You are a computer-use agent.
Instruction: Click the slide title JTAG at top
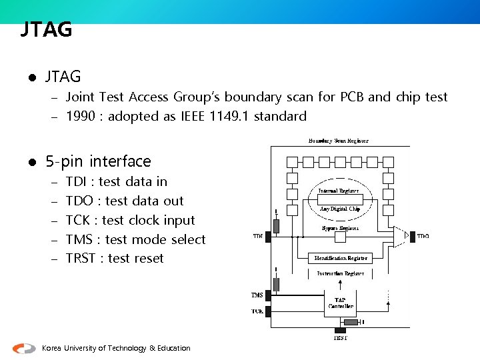pos(46,30)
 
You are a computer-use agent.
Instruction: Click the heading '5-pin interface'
pos(98,161)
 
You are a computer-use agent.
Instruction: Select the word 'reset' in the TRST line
pos(149,259)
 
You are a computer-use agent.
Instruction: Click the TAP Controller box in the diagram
pos(341,303)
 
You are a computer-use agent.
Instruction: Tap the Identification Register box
pos(341,258)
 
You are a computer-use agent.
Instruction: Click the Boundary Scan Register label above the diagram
pos(338,141)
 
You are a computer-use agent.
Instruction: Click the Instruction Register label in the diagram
pos(340,273)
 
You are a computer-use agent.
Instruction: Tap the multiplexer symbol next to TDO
pos(399,236)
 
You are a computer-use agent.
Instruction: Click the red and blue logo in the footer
pos(25,348)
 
